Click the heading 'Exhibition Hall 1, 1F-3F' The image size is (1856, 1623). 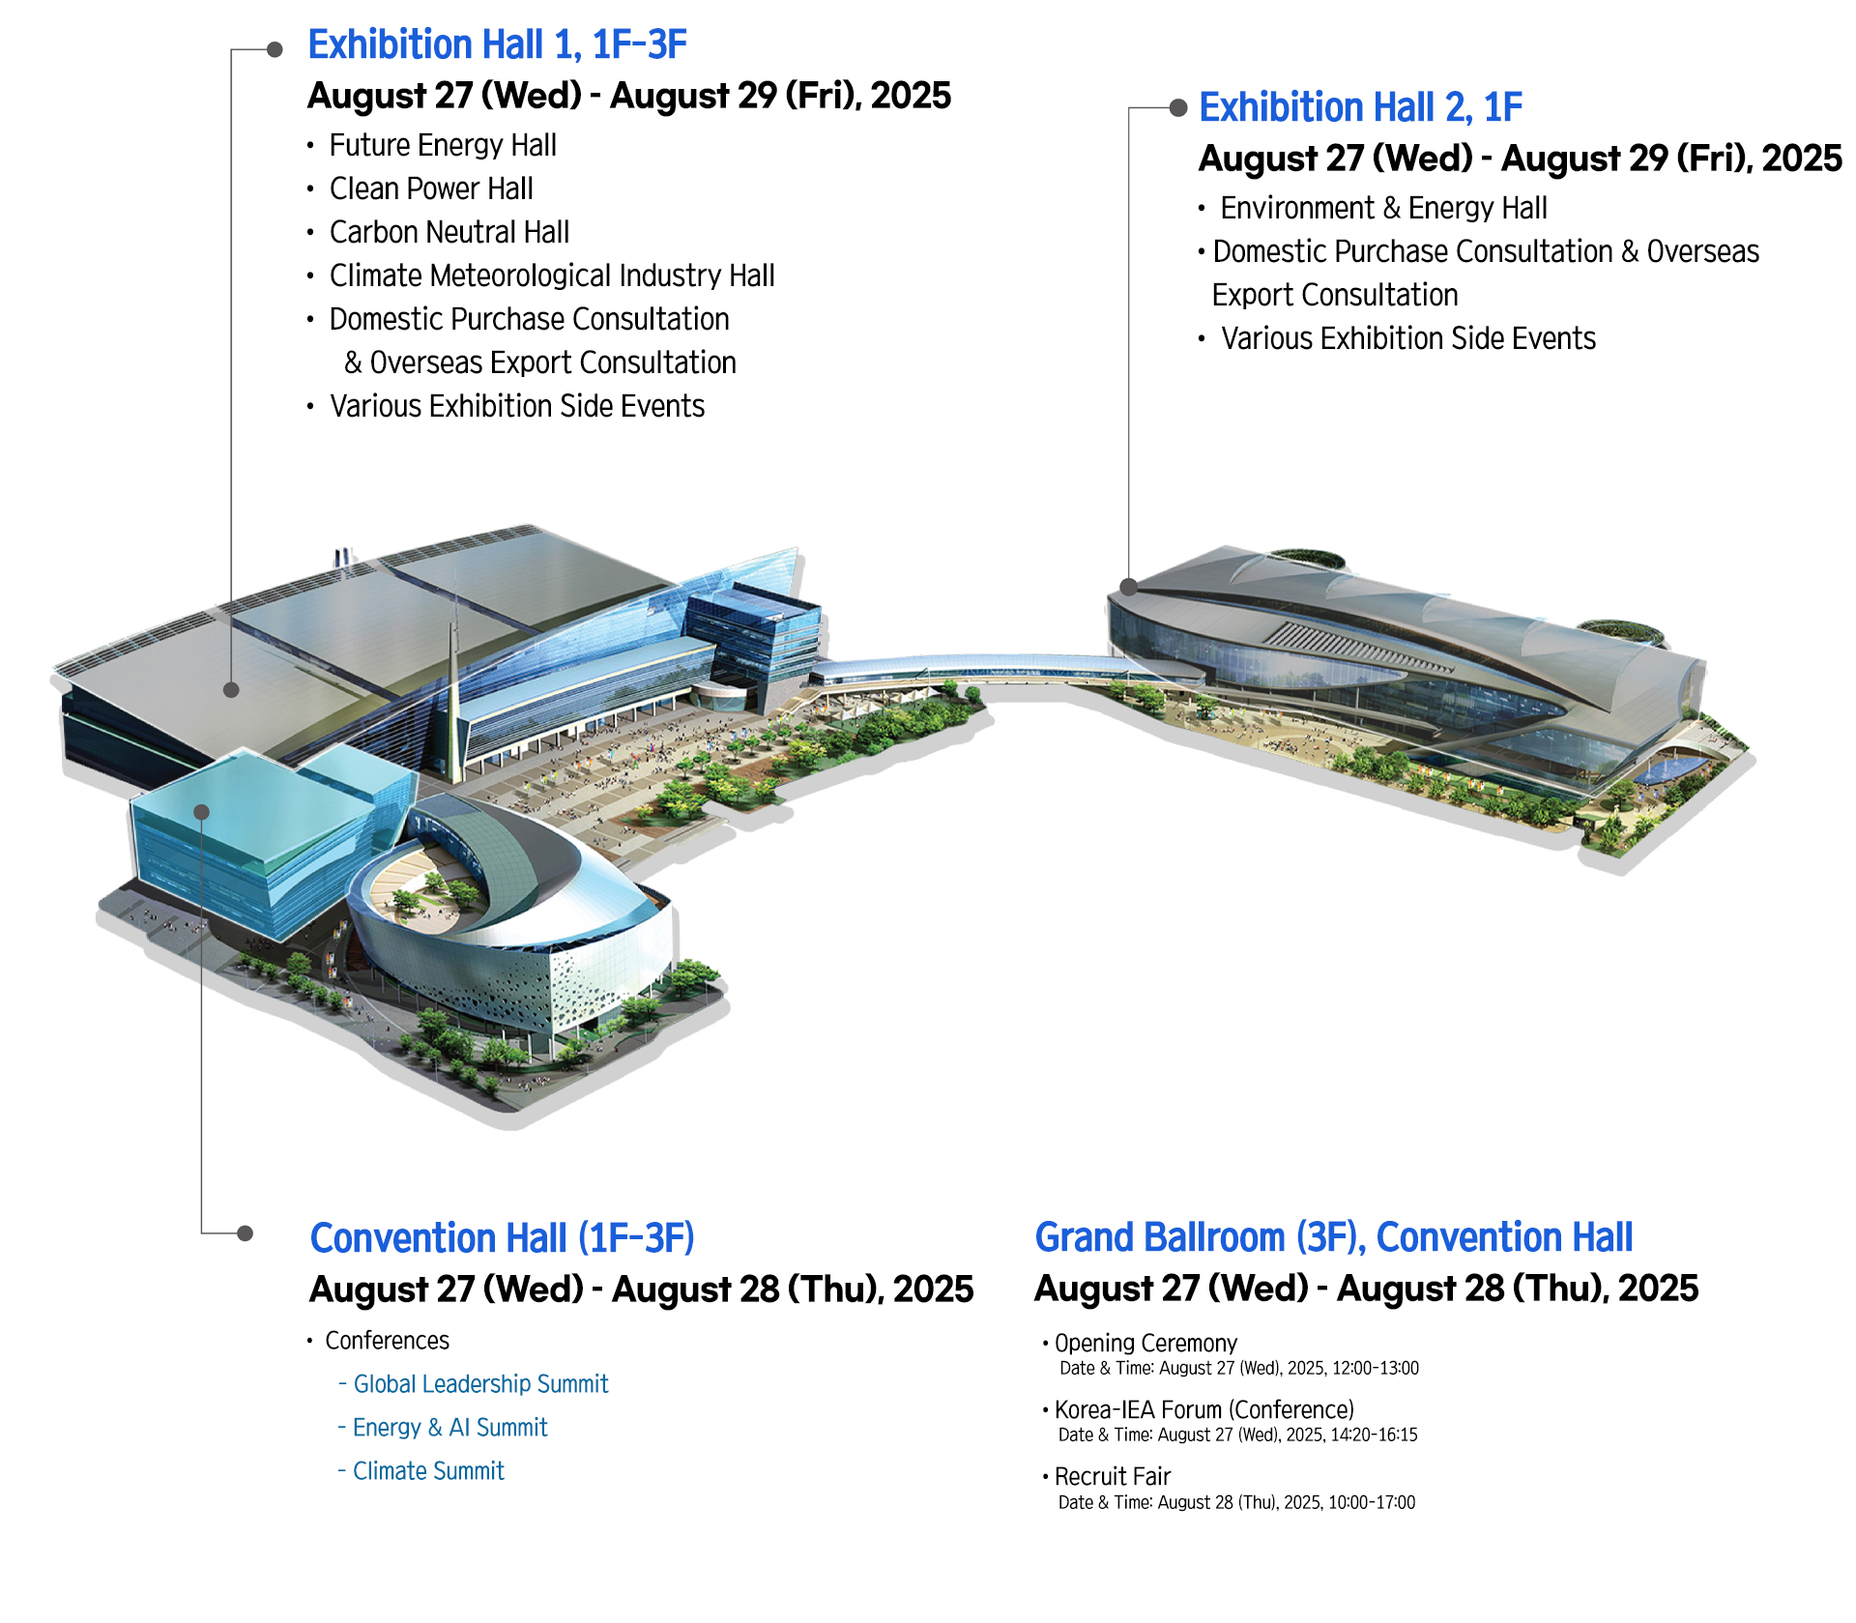[497, 44]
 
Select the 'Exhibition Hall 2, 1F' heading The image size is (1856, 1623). [1360, 107]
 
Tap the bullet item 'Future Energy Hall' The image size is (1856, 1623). [443, 145]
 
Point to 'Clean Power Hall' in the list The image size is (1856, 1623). [431, 188]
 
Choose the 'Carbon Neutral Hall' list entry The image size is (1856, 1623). [449, 232]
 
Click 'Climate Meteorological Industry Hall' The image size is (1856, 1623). [552, 275]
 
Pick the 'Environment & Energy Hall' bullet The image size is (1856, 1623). [1383, 208]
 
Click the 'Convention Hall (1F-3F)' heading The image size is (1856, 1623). [502, 1238]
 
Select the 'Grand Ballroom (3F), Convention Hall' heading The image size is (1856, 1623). [1333, 1237]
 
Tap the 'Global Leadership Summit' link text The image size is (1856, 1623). [480, 1384]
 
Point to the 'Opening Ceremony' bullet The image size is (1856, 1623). [1145, 1343]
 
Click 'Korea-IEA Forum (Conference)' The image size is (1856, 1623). [1204, 1409]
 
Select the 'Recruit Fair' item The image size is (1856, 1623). [1113, 1476]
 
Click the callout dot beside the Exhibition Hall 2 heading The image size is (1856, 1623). [1178, 107]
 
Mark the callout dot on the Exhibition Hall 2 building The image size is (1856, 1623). [1128, 586]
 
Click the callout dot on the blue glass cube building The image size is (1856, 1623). [201, 812]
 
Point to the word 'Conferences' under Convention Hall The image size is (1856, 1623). [387, 1341]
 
